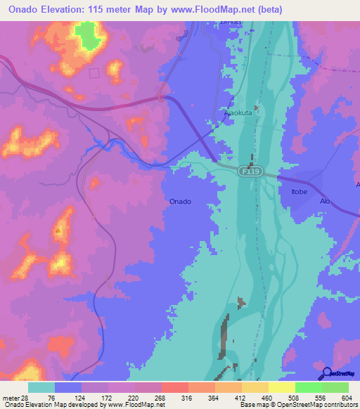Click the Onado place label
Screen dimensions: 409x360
click(x=180, y=202)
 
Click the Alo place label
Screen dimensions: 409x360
click(x=325, y=201)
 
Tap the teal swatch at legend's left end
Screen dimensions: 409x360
click(x=41, y=387)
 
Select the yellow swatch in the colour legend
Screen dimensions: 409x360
click(x=281, y=387)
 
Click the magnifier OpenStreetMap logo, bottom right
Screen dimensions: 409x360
click(x=327, y=373)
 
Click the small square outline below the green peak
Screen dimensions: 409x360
click(x=94, y=73)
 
